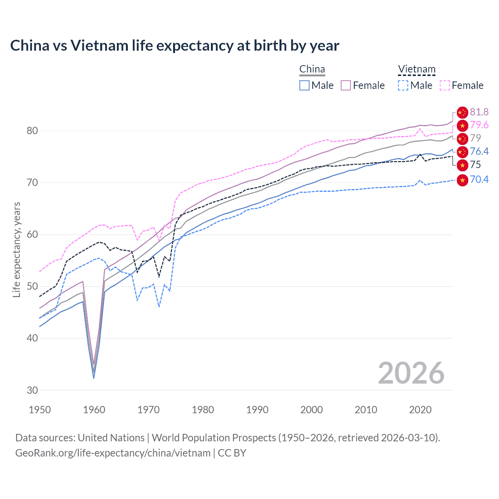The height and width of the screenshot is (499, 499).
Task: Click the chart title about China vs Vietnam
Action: (x=175, y=46)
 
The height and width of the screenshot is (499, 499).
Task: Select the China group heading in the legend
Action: (x=312, y=69)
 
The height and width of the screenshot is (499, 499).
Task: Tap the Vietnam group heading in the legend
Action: (x=416, y=69)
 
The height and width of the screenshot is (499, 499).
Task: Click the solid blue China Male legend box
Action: (x=304, y=85)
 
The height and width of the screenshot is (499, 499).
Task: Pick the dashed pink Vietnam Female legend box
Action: (x=445, y=85)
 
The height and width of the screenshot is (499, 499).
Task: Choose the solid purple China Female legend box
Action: (x=346, y=85)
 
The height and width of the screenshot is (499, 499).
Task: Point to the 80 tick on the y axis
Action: (x=32, y=131)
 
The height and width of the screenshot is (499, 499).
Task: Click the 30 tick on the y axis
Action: (x=32, y=390)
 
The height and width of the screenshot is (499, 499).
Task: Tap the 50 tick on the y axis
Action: (x=32, y=286)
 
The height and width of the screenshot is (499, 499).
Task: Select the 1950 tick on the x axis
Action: (x=40, y=410)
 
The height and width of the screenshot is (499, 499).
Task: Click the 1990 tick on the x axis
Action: (x=257, y=410)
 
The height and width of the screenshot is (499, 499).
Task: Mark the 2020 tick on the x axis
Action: (x=420, y=410)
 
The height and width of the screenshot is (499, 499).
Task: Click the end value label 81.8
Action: (x=479, y=112)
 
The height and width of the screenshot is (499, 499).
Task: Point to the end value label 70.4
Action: (x=479, y=179)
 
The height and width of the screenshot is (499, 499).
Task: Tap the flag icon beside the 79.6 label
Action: (x=462, y=126)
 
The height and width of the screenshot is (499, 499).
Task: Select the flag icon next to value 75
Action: (x=462, y=165)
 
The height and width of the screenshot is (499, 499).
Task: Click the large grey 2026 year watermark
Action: (x=411, y=373)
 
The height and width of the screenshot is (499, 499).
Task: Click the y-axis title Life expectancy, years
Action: (x=17, y=249)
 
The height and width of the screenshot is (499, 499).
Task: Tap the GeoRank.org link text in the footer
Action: (x=113, y=453)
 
